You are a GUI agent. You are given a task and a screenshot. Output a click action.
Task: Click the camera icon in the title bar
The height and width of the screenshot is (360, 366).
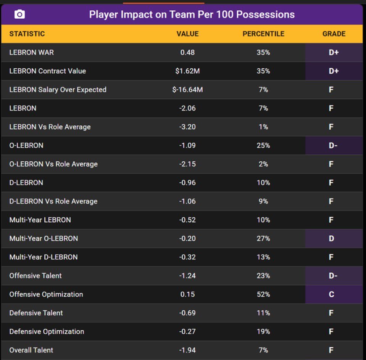tap(19, 14)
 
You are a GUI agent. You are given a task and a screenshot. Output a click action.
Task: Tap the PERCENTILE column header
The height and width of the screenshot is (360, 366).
tap(263, 34)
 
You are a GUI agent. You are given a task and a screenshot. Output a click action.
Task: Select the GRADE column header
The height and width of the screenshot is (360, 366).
tap(334, 34)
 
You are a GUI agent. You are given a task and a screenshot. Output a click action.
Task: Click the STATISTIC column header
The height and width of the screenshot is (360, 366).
tap(27, 34)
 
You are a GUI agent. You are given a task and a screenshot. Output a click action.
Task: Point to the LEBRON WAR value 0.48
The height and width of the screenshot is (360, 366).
tap(187, 52)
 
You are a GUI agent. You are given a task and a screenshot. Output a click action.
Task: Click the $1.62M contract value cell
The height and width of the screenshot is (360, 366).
tap(187, 71)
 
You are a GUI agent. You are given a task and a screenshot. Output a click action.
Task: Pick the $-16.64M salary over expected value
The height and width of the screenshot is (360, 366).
tap(187, 90)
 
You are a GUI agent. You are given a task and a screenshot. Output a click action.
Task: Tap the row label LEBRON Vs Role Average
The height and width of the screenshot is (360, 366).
tap(50, 127)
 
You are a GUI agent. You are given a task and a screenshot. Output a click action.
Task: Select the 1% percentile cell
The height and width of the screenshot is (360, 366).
tap(263, 127)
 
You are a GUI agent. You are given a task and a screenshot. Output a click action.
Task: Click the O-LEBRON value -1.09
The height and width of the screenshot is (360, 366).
tap(187, 145)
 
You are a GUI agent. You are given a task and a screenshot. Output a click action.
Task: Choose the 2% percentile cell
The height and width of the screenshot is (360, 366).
tap(263, 164)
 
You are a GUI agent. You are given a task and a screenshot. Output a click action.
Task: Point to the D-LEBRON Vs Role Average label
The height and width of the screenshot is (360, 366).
tap(53, 201)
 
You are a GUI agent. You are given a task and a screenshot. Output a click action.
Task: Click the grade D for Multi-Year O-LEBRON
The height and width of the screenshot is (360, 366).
tap(331, 238)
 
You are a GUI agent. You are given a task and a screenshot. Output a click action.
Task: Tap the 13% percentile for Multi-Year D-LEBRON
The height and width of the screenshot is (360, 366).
tap(263, 257)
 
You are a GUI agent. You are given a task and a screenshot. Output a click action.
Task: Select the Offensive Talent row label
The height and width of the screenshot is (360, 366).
tap(35, 276)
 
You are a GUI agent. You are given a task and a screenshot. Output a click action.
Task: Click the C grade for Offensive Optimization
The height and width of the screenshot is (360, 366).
tap(331, 294)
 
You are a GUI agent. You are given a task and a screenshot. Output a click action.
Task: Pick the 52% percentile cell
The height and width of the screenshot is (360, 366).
tap(263, 294)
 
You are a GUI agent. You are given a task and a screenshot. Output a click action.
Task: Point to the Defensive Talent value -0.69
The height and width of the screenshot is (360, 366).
tap(187, 313)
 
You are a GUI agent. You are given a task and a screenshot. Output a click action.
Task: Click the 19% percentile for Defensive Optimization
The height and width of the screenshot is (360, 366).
tap(263, 331)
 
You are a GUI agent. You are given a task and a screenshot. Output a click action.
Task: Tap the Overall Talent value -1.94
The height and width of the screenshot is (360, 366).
tap(187, 350)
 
